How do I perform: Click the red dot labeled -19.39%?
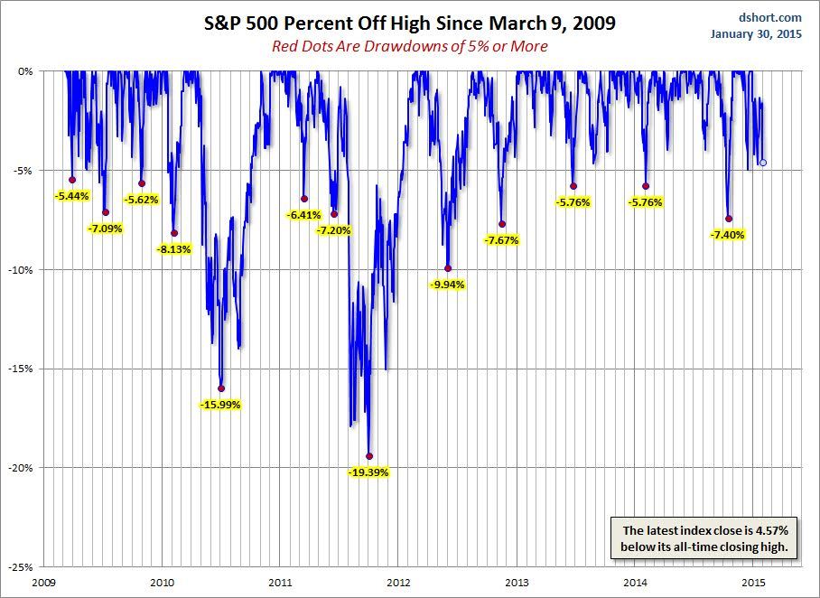click(x=369, y=456)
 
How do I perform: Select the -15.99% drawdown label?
click(x=220, y=405)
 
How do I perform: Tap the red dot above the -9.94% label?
click(x=448, y=268)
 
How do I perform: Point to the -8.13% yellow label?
click(x=174, y=248)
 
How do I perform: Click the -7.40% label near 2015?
click(x=728, y=234)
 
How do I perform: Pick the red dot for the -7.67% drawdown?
click(x=502, y=224)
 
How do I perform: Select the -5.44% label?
click(x=71, y=195)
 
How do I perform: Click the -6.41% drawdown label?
click(x=303, y=215)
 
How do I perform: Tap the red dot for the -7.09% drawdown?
click(x=106, y=212)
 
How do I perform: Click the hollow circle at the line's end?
click(x=763, y=163)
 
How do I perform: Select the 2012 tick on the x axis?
click(x=398, y=584)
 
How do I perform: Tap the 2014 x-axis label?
click(x=635, y=584)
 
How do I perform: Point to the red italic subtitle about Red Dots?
click(x=410, y=46)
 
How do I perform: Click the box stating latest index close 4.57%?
click(x=704, y=538)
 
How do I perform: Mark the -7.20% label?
click(x=333, y=230)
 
